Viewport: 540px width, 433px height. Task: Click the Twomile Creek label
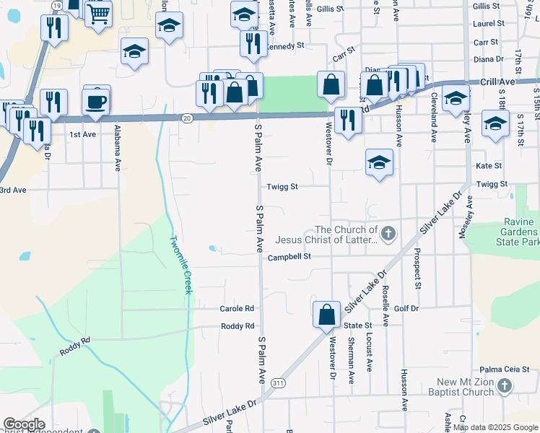[180, 265]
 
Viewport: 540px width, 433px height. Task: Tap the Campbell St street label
[289, 257]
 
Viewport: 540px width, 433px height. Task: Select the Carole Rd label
[238, 308]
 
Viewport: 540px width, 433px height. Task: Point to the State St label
[357, 325]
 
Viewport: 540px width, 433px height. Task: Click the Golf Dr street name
[406, 308]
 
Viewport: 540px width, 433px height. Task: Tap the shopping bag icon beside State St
[326, 314]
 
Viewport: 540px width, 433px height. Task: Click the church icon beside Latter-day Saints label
[388, 233]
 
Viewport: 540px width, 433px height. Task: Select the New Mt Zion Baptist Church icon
[505, 387]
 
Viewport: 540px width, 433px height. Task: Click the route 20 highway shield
[187, 118]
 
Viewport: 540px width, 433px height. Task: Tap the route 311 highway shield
[279, 384]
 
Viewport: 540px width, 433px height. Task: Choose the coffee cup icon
[96, 101]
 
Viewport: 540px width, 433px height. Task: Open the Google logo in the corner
[24, 424]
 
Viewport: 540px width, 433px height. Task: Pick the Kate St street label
[488, 166]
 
